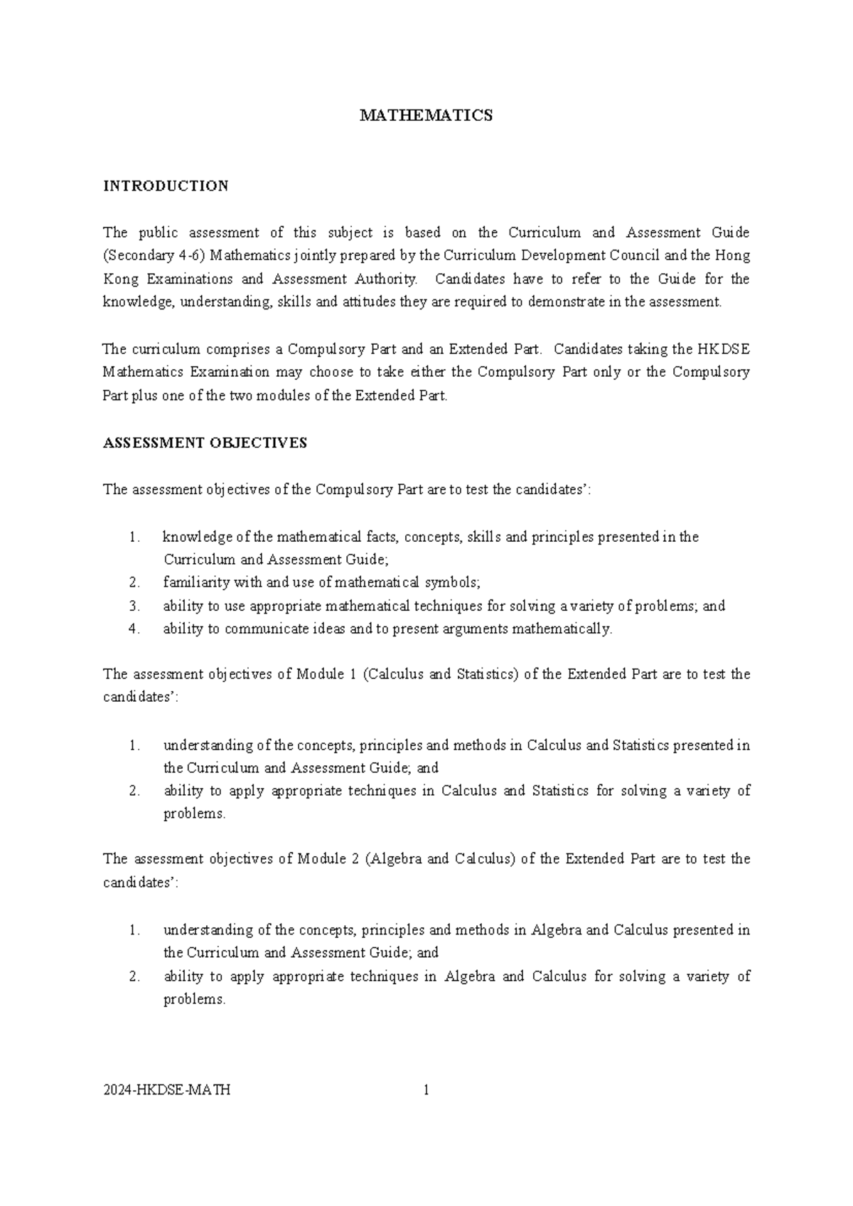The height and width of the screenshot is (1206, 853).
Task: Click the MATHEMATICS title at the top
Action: coord(426,116)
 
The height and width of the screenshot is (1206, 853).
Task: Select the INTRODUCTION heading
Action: coord(166,186)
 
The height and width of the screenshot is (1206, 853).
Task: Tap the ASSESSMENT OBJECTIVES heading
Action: coord(205,443)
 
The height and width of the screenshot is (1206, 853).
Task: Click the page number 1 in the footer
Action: coord(426,1090)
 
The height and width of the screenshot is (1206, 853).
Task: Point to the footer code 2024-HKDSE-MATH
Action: coord(166,1090)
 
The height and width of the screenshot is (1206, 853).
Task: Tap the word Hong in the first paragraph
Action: coord(732,255)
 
